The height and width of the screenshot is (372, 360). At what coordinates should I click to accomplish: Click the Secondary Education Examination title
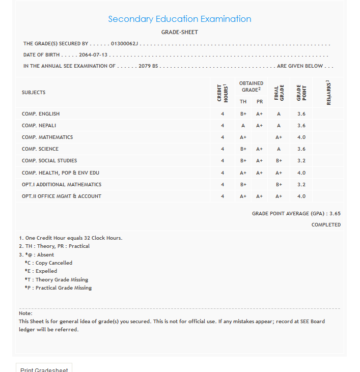pyautogui.click(x=179, y=19)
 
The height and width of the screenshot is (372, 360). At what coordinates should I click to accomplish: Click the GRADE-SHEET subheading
pyautogui.click(x=179, y=32)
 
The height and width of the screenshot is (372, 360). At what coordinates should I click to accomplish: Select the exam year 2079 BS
pyautogui.click(x=148, y=66)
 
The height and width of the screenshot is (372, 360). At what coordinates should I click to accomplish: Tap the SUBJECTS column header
pyautogui.click(x=34, y=93)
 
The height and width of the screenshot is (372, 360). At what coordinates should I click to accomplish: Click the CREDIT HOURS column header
pyautogui.click(x=222, y=93)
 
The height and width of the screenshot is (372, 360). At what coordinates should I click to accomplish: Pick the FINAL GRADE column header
pyautogui.click(x=279, y=93)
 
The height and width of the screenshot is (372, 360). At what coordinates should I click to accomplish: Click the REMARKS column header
pyautogui.click(x=328, y=93)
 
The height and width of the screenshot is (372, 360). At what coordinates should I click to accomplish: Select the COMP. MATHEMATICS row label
pyautogui.click(x=47, y=137)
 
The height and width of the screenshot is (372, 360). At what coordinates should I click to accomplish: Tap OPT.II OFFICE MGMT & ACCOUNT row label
pyautogui.click(x=62, y=196)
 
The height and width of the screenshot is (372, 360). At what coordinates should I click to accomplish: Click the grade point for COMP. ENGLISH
pyautogui.click(x=301, y=114)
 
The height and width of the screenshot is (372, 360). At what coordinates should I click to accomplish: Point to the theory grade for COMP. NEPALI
pyautogui.click(x=243, y=126)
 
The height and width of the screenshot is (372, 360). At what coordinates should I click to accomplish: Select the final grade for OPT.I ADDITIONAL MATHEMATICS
pyautogui.click(x=279, y=185)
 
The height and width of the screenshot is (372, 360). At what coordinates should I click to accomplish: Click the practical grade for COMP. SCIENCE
pyautogui.click(x=259, y=149)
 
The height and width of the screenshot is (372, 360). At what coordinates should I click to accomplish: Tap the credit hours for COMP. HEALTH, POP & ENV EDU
pyautogui.click(x=223, y=173)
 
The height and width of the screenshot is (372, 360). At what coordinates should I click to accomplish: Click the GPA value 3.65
pyautogui.click(x=335, y=214)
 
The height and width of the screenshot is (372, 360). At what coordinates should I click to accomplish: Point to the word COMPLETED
pyautogui.click(x=326, y=225)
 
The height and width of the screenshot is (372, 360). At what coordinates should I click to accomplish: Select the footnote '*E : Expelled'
pyautogui.click(x=41, y=271)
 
